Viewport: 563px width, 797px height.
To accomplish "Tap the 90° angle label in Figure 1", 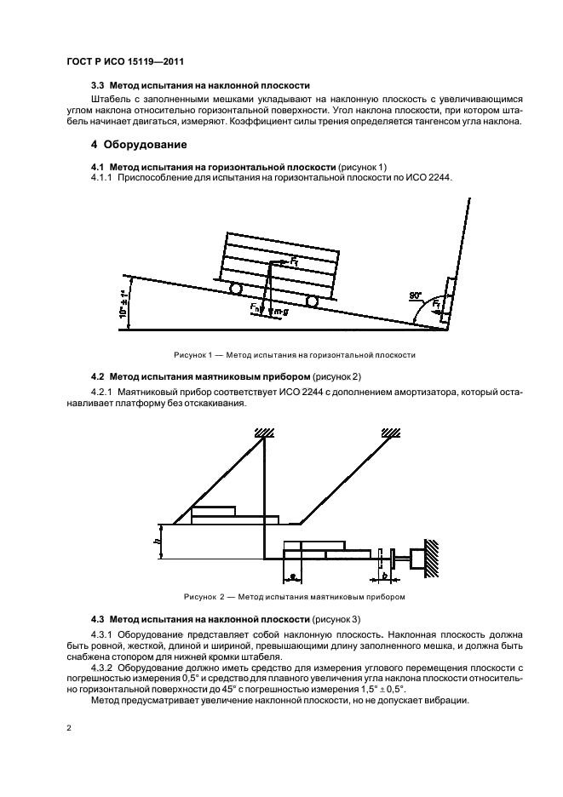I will pyautogui.click(x=415, y=295).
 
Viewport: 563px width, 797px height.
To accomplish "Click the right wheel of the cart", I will pyautogui.click(x=313, y=301).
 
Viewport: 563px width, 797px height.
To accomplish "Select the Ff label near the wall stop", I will pyautogui.click(x=436, y=302).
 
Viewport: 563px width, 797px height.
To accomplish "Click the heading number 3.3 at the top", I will pyautogui.click(x=98, y=86).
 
